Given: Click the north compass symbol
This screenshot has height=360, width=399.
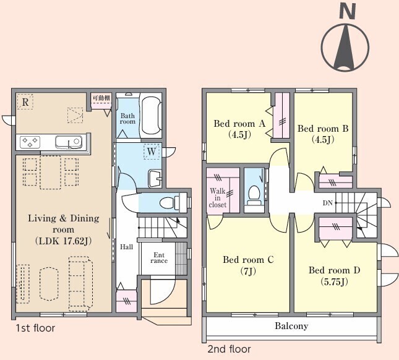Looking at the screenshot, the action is [345, 38].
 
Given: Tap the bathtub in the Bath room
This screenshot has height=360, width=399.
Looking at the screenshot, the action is [151, 115].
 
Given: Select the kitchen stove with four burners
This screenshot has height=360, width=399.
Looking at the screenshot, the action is [30, 142].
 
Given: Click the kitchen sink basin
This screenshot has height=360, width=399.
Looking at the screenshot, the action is [69, 142].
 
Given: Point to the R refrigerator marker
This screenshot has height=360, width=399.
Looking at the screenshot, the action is [25, 102].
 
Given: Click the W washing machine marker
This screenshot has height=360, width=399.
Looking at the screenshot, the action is [152, 152].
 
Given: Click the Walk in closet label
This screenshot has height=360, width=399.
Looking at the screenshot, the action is [218, 198].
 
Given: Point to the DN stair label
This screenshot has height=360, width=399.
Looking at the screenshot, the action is [328, 203].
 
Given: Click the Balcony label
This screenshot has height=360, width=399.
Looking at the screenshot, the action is [291, 326].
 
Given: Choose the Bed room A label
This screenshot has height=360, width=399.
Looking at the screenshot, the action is [239, 124].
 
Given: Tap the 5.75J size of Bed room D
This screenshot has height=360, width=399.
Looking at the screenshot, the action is [335, 281].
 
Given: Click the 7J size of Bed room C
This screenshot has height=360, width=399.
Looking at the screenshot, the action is [248, 271].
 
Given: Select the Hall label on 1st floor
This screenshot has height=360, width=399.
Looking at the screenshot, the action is [126, 247].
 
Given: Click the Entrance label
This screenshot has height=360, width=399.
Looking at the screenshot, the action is [159, 258].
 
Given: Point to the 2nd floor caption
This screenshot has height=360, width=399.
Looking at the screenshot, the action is [230, 349].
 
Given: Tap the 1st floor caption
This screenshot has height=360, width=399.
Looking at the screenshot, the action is [35, 328].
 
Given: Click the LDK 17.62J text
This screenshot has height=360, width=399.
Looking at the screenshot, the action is [63, 241].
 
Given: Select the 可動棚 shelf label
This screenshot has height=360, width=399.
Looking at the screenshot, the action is [101, 98].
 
